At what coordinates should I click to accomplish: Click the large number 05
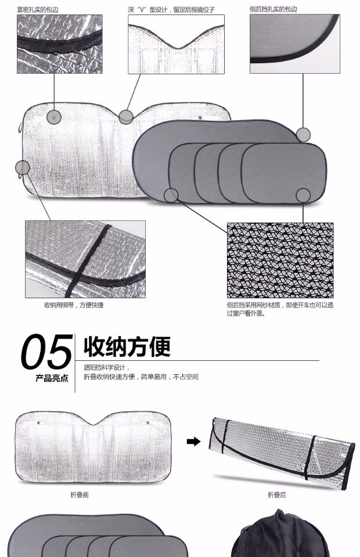point(46,352)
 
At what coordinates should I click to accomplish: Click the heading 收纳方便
point(127,346)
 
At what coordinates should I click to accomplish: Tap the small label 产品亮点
point(52,378)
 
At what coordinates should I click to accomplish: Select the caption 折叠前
point(80,495)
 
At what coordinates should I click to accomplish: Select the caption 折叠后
point(277,495)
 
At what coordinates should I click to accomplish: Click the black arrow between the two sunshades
point(193,442)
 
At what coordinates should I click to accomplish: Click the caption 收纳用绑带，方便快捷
point(74,305)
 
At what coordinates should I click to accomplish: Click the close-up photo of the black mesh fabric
point(280,260)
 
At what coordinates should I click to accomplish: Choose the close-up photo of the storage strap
point(85,259)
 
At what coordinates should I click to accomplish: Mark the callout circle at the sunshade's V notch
point(126,117)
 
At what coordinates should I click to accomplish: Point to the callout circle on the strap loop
point(23,168)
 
